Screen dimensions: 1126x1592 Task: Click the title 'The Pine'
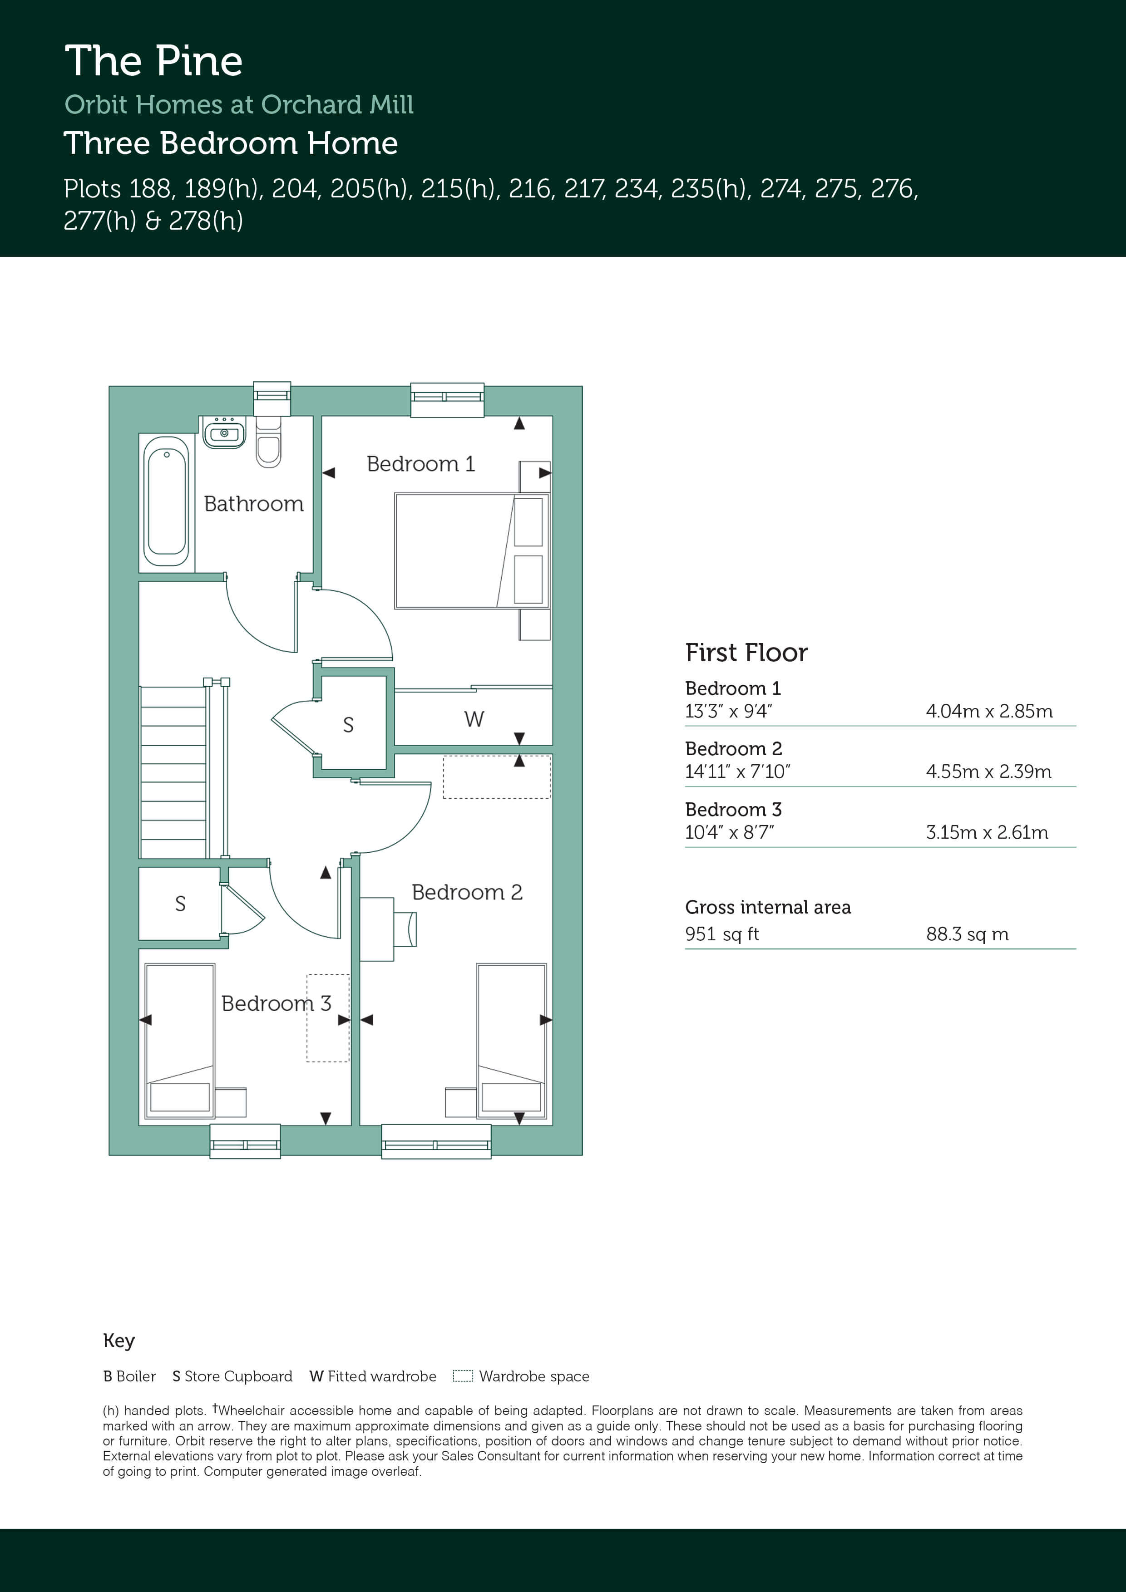153,61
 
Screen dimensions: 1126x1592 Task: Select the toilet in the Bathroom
268,442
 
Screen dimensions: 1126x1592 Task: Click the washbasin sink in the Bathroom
224,432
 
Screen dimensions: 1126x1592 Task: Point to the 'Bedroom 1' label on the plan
420,463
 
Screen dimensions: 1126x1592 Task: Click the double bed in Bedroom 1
472,550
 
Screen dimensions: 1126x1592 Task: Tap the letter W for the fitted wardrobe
474,719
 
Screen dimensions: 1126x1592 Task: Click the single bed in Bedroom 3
180,1040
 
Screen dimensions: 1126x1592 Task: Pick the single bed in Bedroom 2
511,1040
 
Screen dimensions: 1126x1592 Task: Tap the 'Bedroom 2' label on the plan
467,892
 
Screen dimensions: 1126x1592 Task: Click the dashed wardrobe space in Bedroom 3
327,1018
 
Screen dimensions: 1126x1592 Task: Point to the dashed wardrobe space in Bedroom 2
497,776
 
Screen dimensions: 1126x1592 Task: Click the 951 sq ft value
721,934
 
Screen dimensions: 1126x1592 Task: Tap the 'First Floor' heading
746,653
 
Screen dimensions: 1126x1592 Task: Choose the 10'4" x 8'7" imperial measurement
729,832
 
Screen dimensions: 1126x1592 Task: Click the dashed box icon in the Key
463,1376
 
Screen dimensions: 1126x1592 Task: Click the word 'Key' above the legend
119,1340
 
